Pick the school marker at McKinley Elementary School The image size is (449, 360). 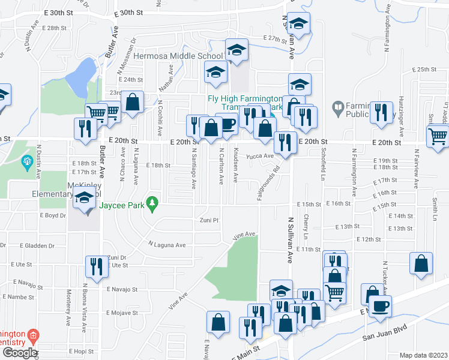85,199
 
